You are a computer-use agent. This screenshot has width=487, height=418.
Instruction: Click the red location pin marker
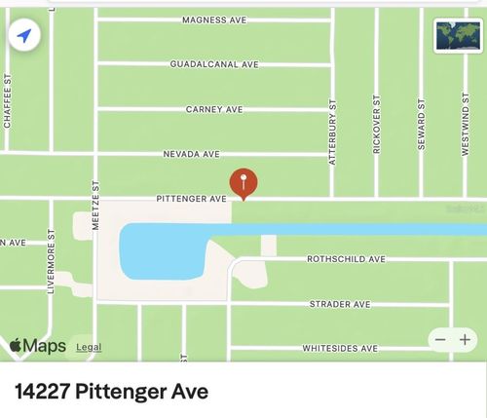[x=243, y=182]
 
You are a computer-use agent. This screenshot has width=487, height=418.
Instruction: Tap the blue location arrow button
[x=24, y=37]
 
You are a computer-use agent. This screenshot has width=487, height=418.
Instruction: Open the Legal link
[x=89, y=347]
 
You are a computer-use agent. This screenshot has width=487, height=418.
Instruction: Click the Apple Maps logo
[x=38, y=346]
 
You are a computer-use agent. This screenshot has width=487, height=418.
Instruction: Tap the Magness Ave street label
[x=214, y=19]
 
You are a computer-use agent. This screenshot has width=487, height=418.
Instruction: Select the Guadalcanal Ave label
[x=214, y=64]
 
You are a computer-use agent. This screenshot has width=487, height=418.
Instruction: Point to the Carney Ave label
[x=214, y=109]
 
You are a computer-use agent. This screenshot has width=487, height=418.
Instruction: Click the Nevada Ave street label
[x=192, y=154]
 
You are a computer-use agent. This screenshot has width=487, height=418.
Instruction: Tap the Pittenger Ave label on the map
[x=191, y=199]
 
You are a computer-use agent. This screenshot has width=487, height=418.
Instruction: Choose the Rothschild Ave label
[x=346, y=259]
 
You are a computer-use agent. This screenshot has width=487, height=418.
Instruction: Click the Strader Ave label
[x=340, y=304]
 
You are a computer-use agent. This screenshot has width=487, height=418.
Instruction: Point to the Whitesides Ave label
[x=340, y=348]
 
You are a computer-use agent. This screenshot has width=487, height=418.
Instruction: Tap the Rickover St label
[x=377, y=125]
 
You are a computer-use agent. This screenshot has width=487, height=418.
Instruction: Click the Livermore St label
[x=51, y=261]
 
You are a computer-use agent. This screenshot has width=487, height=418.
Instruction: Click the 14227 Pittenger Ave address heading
[x=112, y=393]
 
